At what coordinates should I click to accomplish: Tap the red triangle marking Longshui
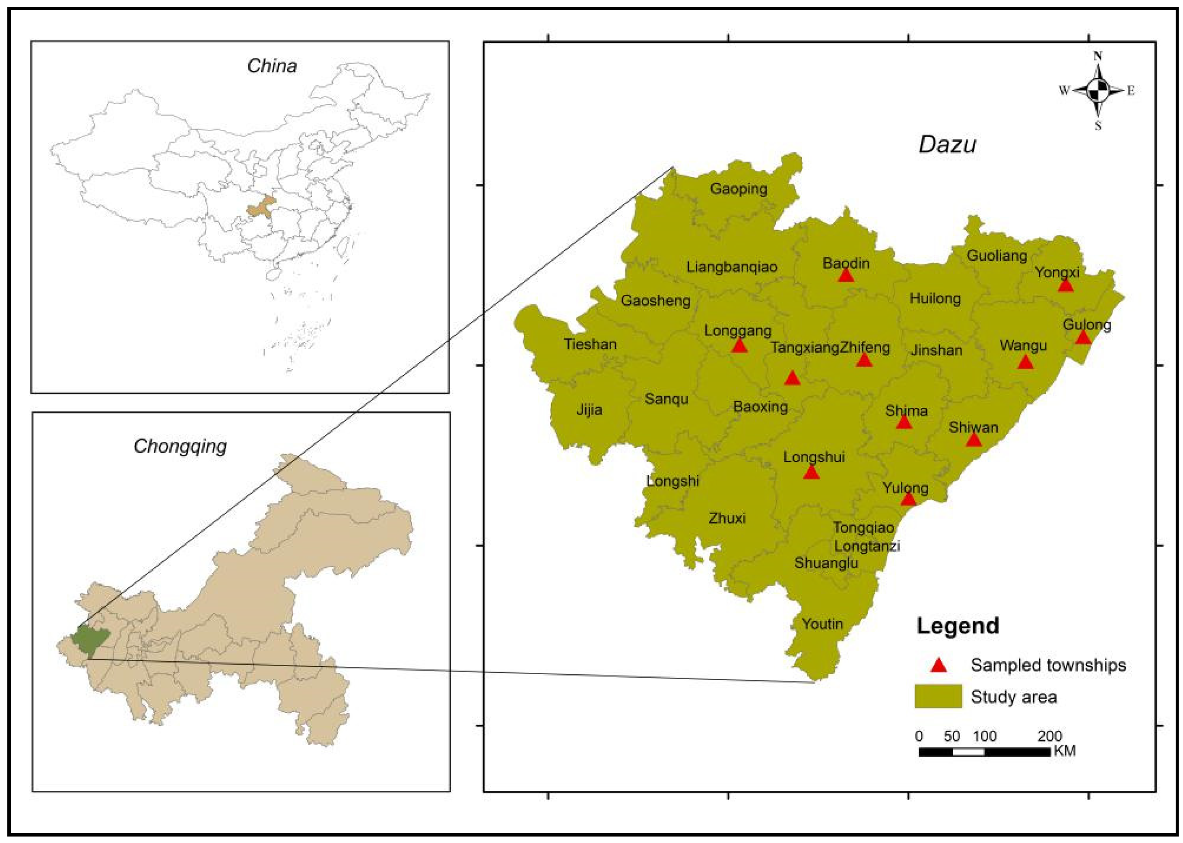point(811,472)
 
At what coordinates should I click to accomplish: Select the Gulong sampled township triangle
point(1083,338)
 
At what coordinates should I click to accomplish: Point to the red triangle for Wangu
point(1024,362)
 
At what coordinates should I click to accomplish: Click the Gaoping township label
point(739,189)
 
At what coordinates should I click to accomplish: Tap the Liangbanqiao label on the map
point(732,267)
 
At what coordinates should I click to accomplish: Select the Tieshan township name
point(590,344)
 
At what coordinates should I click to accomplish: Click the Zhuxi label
point(727,518)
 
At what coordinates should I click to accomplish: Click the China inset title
point(272,66)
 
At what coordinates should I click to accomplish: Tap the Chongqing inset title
point(180,446)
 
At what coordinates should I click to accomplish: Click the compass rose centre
point(1097,91)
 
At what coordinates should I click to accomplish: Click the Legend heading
point(958,625)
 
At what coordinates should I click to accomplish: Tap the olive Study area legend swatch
point(938,697)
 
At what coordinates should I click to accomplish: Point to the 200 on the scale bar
point(1050,736)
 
